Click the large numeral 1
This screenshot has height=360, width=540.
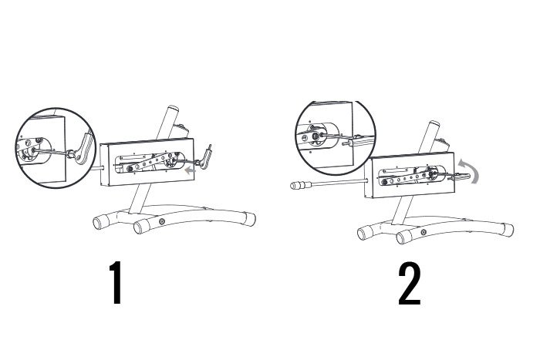[x=116, y=283]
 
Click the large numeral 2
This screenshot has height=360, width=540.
[x=409, y=284]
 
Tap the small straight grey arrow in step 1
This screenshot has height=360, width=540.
[x=190, y=170]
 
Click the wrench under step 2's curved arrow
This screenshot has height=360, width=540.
[x=459, y=177]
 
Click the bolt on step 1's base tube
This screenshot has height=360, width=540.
[x=162, y=222]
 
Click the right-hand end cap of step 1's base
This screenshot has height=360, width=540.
[x=250, y=219]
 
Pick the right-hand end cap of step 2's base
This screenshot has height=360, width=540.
[x=508, y=229]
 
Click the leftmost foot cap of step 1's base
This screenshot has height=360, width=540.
[x=101, y=222]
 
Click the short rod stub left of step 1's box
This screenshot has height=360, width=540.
[x=99, y=168]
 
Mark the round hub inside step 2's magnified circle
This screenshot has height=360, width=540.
[x=316, y=136]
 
